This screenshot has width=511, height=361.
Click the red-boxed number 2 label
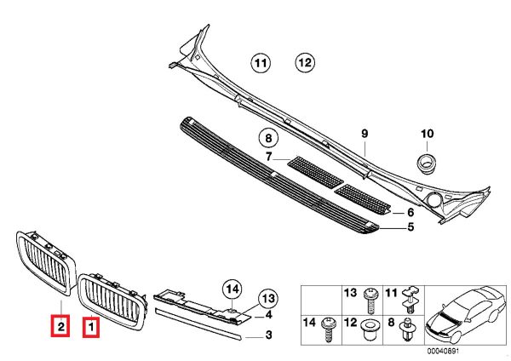pos(60,325)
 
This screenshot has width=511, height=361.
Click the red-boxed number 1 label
pos(91,327)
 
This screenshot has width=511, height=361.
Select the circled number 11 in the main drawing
pos(261,63)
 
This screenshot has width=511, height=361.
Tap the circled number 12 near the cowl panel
pos(306,62)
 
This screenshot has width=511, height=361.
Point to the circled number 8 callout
pos(268,138)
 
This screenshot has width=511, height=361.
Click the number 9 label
pos(365,134)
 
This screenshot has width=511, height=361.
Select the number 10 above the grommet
pos(428,134)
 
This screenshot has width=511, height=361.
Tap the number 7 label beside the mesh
pos(268,157)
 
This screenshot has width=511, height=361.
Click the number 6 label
pos(411,213)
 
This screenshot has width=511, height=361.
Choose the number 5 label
pos(411,226)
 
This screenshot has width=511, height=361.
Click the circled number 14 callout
pos(233,289)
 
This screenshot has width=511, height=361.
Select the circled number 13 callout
pos(268,299)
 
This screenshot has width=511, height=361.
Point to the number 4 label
pos(268,315)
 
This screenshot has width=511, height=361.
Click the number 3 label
pos(268,335)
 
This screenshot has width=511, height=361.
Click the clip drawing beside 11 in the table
pos(411,299)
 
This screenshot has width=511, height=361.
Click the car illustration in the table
pos(465,314)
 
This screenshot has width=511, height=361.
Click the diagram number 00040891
pos(443,351)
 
